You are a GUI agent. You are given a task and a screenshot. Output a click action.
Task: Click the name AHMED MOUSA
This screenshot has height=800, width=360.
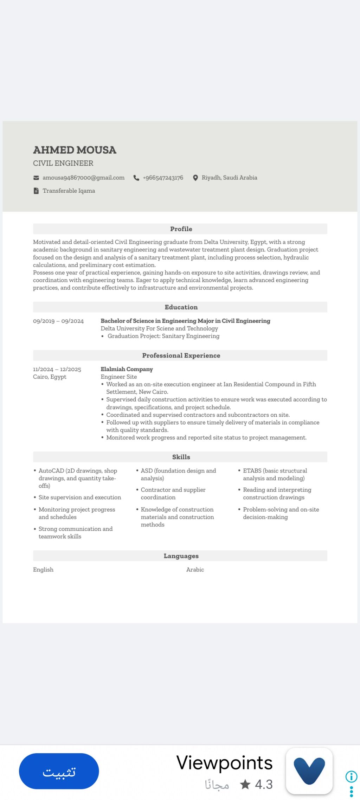pyautogui.click(x=75, y=150)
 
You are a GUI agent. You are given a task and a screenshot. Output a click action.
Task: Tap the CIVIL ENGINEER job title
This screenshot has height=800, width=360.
pyautogui.click(x=63, y=164)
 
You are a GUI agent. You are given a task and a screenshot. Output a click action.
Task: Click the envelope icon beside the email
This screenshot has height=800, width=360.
pyautogui.click(x=36, y=178)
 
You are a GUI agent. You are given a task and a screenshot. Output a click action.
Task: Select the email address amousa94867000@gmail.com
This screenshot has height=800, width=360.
pyautogui.click(x=83, y=178)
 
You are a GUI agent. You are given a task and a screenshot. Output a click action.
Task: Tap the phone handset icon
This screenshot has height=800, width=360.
pyautogui.click(x=136, y=178)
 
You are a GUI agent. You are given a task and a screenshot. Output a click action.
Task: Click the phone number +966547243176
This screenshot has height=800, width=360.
pyautogui.click(x=163, y=178)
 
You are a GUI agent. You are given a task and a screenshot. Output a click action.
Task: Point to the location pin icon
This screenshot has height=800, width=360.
pyautogui.click(x=195, y=178)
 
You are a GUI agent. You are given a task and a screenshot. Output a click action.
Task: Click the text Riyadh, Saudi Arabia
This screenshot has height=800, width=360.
pyautogui.click(x=229, y=178)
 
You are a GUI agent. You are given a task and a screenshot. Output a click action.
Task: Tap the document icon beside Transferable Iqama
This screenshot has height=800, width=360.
pyautogui.click(x=36, y=191)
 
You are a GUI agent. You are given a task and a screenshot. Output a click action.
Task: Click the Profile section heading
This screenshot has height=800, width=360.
pyautogui.click(x=181, y=229)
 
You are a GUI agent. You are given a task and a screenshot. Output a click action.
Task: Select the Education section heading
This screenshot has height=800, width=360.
pyautogui.click(x=181, y=307)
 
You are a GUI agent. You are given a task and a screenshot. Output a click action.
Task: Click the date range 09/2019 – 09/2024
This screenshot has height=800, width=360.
pyautogui.click(x=58, y=321)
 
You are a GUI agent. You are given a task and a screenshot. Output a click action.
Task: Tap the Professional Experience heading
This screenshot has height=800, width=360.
pyautogui.click(x=181, y=356)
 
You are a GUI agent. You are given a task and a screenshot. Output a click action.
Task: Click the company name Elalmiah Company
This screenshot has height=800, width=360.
pyautogui.click(x=127, y=369)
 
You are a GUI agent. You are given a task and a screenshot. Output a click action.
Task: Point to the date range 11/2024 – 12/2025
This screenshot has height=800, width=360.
pyautogui.click(x=57, y=370)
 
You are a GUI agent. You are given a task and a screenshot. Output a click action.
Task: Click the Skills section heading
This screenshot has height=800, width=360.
pyautogui.click(x=181, y=457)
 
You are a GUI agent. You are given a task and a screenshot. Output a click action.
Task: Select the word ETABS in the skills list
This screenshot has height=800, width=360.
pyautogui.click(x=252, y=471)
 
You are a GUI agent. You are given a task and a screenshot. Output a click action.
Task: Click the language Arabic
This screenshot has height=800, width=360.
pyautogui.click(x=195, y=570)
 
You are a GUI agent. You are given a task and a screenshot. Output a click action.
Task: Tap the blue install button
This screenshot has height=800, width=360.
pyautogui.click(x=59, y=771)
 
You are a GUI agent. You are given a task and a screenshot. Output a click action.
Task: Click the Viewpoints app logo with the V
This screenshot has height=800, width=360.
pyautogui.click(x=309, y=771)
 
